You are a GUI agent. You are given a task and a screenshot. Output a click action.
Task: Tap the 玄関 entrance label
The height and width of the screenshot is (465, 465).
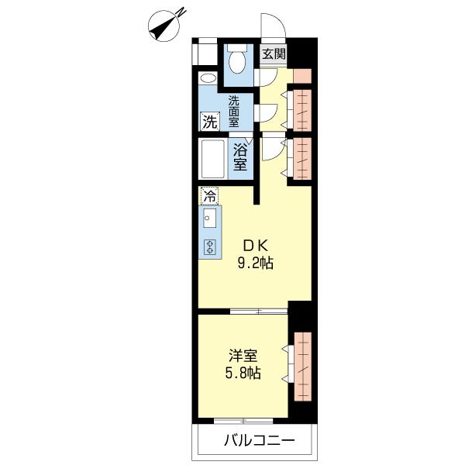(274, 54)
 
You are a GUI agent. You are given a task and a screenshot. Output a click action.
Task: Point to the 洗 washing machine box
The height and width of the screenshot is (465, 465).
(209, 121)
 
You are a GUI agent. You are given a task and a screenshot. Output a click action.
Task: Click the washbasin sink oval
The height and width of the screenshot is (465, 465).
(208, 79)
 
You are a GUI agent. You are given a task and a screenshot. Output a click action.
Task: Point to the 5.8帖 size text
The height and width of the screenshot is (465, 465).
(243, 373)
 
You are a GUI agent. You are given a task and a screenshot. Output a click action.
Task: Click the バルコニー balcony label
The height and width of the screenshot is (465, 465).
(259, 443)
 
